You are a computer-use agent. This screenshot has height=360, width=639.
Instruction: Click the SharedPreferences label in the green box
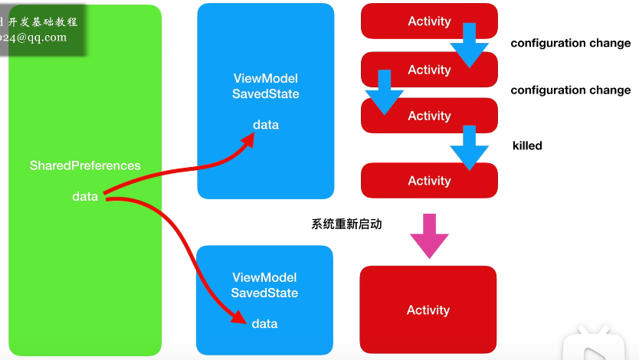(85, 165)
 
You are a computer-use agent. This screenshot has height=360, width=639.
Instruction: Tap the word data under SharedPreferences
(85, 197)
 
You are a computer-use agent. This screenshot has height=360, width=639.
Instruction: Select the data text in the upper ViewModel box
(266, 125)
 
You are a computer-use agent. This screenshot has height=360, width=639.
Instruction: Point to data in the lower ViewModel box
(264, 324)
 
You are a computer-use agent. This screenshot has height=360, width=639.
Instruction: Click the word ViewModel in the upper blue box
(265, 79)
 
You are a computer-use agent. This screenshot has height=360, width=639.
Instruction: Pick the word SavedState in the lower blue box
(264, 293)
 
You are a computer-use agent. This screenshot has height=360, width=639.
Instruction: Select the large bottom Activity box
(428, 310)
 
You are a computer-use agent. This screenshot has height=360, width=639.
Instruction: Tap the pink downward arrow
(429, 235)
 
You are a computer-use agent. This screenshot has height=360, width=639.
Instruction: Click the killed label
(527, 146)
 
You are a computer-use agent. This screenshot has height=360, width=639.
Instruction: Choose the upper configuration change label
(570, 44)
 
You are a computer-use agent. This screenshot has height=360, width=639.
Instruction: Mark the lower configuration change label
(570, 90)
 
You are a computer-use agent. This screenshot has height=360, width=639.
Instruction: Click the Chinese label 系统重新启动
(346, 224)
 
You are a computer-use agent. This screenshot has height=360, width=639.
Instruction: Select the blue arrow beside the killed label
(469, 148)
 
